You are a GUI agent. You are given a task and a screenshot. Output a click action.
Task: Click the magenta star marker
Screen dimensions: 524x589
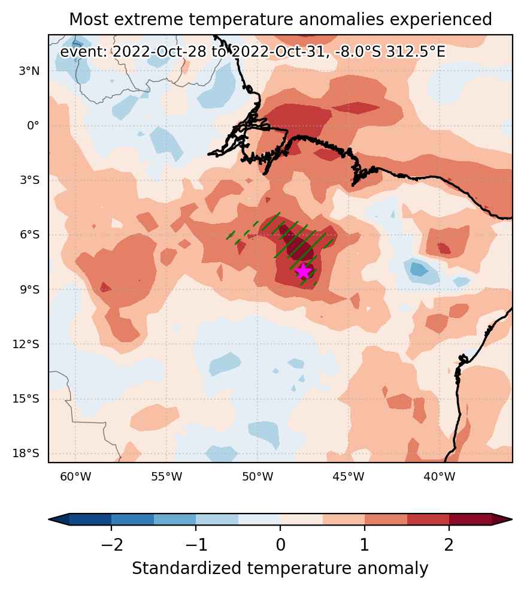point(303,271)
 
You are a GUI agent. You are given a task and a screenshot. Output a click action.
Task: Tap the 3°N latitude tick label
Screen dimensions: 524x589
point(29,71)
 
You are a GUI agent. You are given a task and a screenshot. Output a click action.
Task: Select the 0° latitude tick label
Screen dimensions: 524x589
point(33,125)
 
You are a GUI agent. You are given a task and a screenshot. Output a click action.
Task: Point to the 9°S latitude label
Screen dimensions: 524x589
point(29,289)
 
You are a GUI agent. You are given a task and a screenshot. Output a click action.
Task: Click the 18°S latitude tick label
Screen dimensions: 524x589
point(26,454)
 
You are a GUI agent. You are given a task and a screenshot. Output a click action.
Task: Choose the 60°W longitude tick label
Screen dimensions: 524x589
point(75,477)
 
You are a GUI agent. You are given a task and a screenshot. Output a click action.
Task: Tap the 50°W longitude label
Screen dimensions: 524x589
point(258,477)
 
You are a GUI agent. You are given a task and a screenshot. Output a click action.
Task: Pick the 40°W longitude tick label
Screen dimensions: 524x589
point(439,477)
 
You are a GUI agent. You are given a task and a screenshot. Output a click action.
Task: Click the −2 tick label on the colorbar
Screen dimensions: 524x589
point(111,544)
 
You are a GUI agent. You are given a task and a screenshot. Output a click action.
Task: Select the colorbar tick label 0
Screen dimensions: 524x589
point(280,544)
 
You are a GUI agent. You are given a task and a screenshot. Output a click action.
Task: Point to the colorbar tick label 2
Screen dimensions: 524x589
point(449,544)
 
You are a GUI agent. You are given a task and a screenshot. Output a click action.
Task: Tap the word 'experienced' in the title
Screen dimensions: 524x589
point(441,20)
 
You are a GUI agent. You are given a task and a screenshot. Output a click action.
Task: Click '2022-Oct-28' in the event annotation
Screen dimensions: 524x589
point(159,52)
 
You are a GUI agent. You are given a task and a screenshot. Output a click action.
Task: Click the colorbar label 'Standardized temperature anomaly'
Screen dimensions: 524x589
point(280,569)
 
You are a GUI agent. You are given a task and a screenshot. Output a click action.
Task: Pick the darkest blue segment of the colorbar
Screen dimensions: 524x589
point(90,519)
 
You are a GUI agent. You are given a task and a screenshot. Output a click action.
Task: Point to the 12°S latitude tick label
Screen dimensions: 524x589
point(26,344)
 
